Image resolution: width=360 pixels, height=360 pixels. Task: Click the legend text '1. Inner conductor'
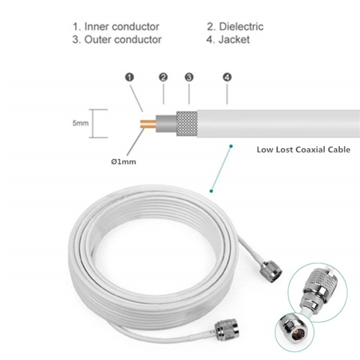click(116, 27)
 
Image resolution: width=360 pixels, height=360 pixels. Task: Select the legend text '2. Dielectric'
click(235, 27)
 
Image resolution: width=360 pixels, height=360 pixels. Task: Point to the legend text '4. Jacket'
click(228, 39)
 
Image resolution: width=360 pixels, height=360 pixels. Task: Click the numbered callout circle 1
click(130, 77)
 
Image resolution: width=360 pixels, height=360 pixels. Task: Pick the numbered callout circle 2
click(163, 77)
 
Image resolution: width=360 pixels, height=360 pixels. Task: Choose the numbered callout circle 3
click(189, 77)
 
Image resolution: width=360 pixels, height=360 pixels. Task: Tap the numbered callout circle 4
click(227, 77)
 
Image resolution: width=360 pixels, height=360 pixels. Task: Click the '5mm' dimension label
click(80, 123)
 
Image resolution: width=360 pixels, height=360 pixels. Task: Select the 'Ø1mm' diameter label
click(124, 162)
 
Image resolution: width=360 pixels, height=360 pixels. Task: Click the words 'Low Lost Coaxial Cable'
click(303, 150)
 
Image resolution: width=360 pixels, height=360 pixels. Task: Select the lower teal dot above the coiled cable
click(211, 191)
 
